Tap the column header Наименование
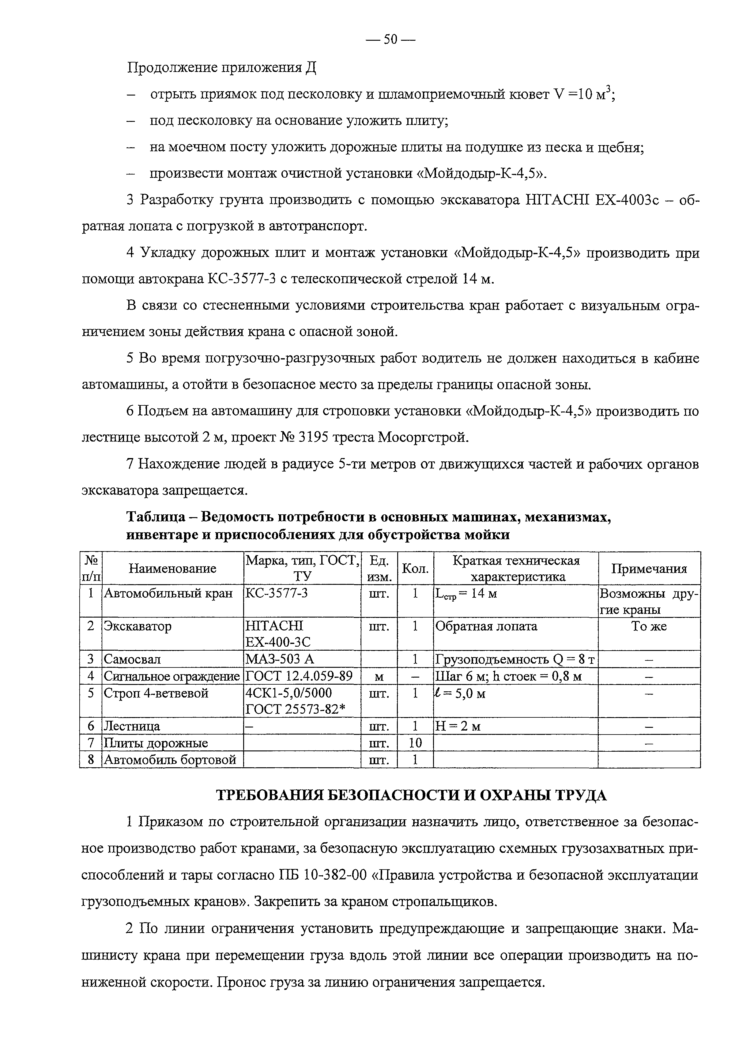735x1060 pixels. click(x=172, y=569)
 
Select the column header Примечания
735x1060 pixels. click(x=649, y=569)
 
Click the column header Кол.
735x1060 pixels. click(x=415, y=569)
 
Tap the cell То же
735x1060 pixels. click(x=649, y=626)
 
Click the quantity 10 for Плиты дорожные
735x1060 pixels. click(x=415, y=743)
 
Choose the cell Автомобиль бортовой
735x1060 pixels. click(x=170, y=759)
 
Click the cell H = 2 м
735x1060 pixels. click(x=458, y=726)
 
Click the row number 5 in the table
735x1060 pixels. click(x=91, y=693)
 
